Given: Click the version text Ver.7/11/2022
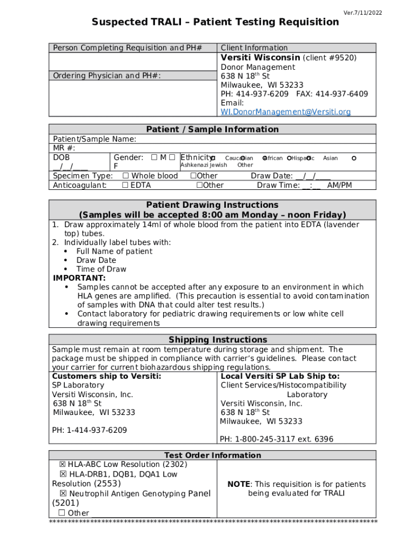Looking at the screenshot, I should (x=363, y=12).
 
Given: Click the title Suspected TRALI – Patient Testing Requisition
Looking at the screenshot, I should (x=215, y=22).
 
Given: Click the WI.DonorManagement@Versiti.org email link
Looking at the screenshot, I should (x=285, y=112).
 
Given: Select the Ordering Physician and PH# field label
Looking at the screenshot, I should (x=106, y=76).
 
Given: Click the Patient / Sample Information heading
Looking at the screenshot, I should (x=212, y=129).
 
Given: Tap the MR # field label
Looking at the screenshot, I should (x=64, y=148).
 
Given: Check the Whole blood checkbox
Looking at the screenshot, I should (x=126, y=176).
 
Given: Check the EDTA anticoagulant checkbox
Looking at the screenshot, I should (x=125, y=185).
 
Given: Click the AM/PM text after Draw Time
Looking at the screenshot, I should (x=340, y=185).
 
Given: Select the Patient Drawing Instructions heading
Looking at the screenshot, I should (x=212, y=205).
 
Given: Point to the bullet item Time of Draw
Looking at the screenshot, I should (x=101, y=269).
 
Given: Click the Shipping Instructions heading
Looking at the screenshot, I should (x=218, y=340).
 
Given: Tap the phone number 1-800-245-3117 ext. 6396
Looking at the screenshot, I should (x=276, y=439).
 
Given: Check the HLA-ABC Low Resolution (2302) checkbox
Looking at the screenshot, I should (x=63, y=465).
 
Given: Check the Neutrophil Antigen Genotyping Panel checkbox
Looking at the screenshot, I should (x=63, y=494).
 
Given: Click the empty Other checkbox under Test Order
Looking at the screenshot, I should (x=62, y=513).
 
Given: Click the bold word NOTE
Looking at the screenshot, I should (x=239, y=484).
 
